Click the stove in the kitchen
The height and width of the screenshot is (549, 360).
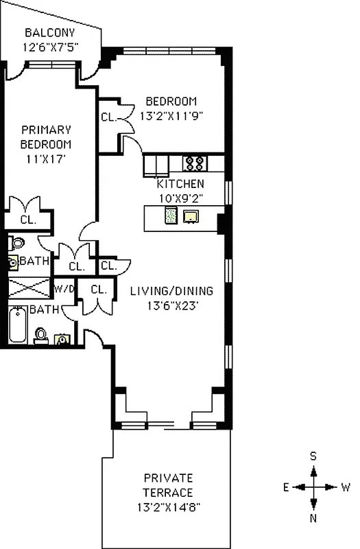point(194,163)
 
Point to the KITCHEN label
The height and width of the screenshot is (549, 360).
point(180,184)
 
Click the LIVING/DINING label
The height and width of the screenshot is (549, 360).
point(171,290)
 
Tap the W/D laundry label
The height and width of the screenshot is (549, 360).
point(64,289)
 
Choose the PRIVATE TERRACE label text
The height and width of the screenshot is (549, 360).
point(168,485)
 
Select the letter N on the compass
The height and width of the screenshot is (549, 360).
point(313,518)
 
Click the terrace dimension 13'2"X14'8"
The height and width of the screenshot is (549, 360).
point(168,509)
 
